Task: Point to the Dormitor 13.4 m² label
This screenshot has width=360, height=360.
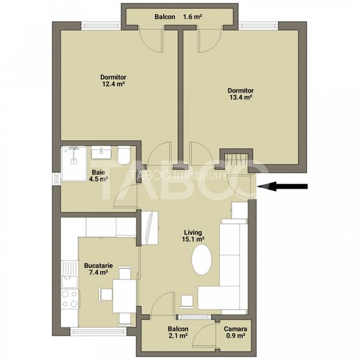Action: [x=240, y=94]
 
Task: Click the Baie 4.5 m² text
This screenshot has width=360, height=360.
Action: [x=98, y=176]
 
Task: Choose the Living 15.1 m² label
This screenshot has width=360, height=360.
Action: [x=194, y=236]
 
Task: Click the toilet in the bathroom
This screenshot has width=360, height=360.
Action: [x=123, y=155]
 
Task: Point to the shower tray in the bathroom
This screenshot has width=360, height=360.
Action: [x=75, y=157]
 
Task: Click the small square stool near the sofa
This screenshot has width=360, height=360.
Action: [x=187, y=300]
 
